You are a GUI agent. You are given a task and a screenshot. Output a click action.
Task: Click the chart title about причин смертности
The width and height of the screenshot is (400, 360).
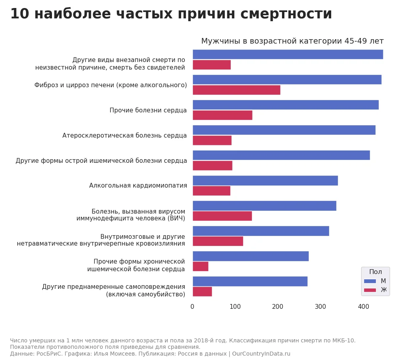[x=171, y=14]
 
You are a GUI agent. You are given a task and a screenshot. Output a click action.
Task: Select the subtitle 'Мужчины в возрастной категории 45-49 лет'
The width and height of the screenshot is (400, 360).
[x=292, y=41]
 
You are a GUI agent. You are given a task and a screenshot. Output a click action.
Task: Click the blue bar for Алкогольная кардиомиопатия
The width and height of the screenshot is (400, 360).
[x=265, y=180]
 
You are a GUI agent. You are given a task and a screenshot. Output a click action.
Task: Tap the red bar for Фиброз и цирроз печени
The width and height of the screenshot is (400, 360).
[x=236, y=90]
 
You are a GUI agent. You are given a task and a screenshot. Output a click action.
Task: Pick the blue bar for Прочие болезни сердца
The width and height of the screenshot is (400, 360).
[x=285, y=105]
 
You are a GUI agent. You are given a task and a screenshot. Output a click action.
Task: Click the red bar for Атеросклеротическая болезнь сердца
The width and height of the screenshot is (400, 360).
[x=212, y=140]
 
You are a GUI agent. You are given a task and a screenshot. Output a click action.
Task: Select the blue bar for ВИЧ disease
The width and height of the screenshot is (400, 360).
[x=264, y=206]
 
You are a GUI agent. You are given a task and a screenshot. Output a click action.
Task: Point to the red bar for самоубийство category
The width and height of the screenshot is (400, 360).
[x=202, y=292]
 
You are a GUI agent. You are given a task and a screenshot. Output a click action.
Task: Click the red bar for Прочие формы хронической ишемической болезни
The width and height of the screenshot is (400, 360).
[x=200, y=266]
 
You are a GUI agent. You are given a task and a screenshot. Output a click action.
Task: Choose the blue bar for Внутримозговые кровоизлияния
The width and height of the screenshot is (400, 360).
[x=260, y=231]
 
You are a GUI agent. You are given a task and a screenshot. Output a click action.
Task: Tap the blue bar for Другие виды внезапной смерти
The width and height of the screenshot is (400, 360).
[x=288, y=54]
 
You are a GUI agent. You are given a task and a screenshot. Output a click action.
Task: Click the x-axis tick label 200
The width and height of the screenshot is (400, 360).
[x=278, y=307]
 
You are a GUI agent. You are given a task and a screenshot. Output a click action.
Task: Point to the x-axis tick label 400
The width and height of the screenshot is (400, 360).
[x=363, y=307]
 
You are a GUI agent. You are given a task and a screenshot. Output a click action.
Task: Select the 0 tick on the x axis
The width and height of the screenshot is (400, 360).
[x=192, y=307]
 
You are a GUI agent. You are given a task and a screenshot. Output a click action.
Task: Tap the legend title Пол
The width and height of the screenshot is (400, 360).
[x=375, y=272]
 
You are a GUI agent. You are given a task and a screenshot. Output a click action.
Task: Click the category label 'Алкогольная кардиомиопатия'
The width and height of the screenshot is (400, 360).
[x=138, y=186]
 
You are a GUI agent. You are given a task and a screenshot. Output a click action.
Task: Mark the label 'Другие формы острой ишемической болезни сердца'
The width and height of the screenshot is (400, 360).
[x=101, y=161]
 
